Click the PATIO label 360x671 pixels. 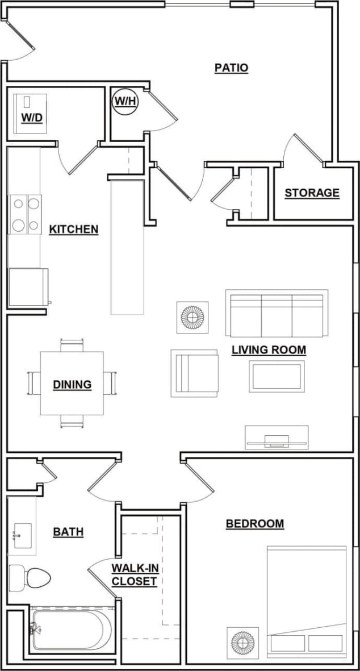(231, 68)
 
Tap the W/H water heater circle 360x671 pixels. (125, 101)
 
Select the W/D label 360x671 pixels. (32, 118)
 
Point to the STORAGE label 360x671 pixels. (312, 193)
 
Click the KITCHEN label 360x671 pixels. (74, 230)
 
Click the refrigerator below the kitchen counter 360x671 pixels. (28, 287)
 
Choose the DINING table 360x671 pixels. (72, 384)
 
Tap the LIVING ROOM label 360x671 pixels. (269, 349)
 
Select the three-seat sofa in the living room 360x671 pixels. (277, 314)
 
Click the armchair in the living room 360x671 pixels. (195, 373)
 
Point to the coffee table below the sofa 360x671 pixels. (276, 376)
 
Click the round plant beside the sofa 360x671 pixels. (192, 318)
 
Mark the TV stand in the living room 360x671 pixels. (277, 437)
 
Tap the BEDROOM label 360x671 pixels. (255, 523)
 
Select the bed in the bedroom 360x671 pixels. (307, 601)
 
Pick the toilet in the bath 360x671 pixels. (30, 578)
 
